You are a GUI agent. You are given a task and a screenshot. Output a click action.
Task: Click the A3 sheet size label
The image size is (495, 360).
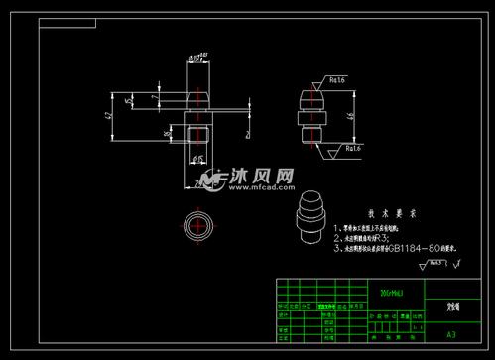[x=451, y=335]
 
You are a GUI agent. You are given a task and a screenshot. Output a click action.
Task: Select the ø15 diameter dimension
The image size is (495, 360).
[x=197, y=158]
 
